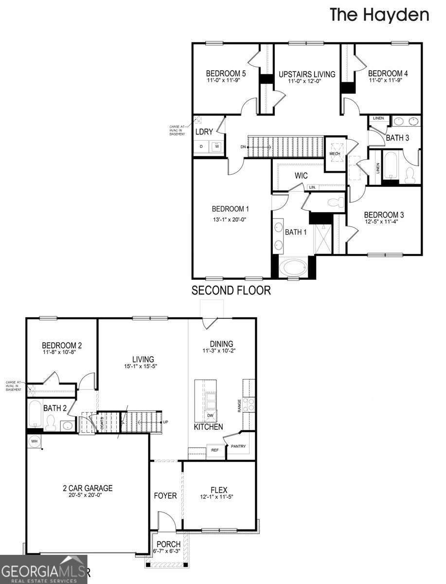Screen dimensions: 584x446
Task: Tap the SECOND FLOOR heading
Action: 231,291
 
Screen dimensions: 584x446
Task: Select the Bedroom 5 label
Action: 226,73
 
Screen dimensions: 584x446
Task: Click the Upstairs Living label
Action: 307,74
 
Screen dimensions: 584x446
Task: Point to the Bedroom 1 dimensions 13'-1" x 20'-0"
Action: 229,219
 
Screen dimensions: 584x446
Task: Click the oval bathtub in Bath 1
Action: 293,269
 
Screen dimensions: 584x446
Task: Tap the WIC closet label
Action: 300,175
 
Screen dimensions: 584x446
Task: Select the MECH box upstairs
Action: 335,153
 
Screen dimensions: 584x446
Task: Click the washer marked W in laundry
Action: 216,146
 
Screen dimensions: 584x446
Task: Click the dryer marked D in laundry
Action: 201,146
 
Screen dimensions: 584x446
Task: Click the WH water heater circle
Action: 35,441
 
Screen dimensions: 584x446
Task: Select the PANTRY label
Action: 238,446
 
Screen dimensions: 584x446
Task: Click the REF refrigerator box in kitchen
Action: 215,451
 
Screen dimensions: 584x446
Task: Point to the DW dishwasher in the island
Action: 210,415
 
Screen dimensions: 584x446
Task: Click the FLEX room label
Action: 219,490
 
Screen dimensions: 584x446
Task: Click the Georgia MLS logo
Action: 44,569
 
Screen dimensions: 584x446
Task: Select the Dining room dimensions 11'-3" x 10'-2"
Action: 221,350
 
